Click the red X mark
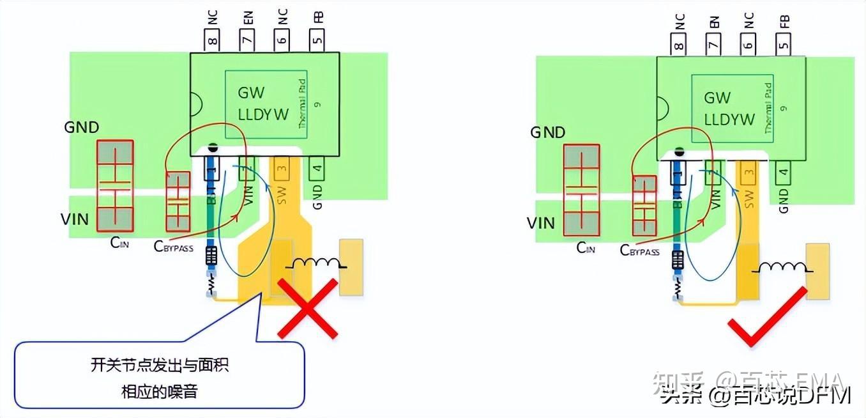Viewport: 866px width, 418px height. (x=307, y=309)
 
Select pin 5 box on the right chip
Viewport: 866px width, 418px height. (x=784, y=44)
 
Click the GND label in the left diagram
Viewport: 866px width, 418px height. (x=82, y=127)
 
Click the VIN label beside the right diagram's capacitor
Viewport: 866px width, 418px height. (x=540, y=223)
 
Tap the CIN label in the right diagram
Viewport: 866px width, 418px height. (x=586, y=248)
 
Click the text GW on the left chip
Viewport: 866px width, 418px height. (x=251, y=93)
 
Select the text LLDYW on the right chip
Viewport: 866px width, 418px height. (x=729, y=120)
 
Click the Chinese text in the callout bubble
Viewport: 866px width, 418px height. (x=160, y=378)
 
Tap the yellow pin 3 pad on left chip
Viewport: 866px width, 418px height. (x=282, y=167)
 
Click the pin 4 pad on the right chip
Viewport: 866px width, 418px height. (x=784, y=172)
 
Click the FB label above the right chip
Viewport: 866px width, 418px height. (x=784, y=20)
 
